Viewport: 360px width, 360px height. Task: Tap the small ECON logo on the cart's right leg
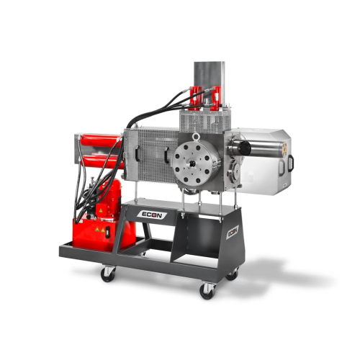233,233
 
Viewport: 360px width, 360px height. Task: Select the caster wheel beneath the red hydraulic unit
107,274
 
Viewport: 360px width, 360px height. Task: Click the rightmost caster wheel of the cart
232,274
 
